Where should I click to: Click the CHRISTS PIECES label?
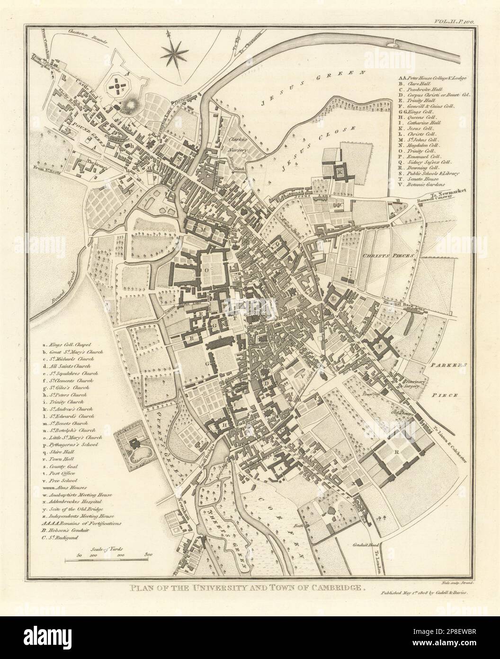click(389, 255)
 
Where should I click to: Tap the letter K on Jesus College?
click(339, 171)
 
